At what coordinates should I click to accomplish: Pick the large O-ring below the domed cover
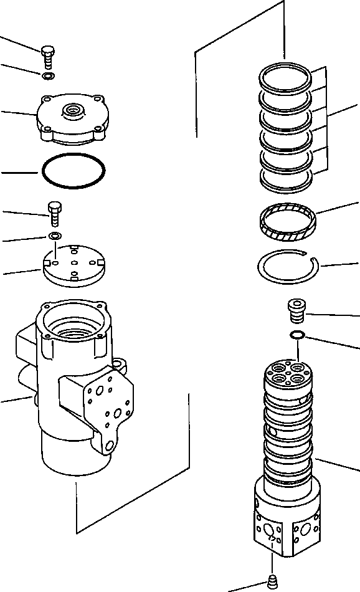(x=73, y=169)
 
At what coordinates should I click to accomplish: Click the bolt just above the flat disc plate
(x=54, y=214)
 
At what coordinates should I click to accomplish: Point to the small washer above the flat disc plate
(x=55, y=236)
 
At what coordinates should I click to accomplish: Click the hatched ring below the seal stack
(x=287, y=223)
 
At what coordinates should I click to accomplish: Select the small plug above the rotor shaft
(x=296, y=310)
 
